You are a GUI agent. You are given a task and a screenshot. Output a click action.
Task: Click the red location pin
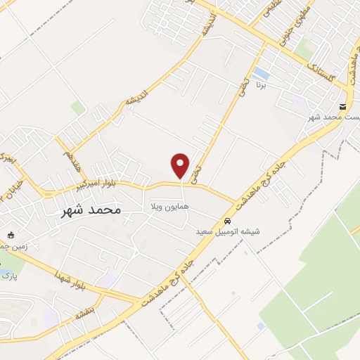(x=181, y=166)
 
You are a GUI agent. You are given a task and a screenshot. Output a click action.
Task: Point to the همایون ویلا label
(x=166, y=207)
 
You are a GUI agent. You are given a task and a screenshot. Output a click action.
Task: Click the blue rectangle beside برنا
(x=261, y=73)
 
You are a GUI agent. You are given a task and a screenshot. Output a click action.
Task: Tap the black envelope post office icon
(x=343, y=107)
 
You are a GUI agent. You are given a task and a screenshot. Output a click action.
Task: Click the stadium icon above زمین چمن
(x=10, y=235)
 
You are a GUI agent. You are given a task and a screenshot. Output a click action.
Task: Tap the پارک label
(x=8, y=276)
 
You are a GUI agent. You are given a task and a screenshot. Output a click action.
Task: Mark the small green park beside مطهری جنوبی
(x=304, y=49)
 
